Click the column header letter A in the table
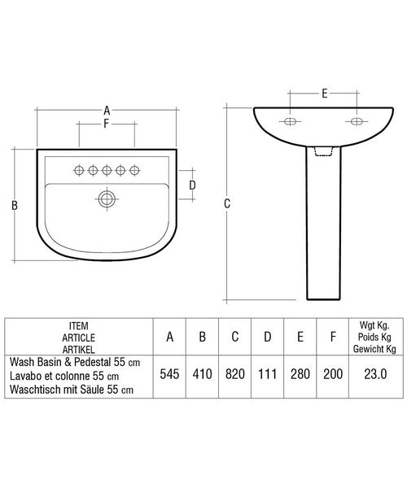point(169,336)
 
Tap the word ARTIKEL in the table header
point(80,346)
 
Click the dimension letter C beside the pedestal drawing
point(227,204)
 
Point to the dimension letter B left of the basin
point(15,206)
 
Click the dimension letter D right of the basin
point(192,185)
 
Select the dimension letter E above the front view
point(324,94)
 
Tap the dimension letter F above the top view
point(106,124)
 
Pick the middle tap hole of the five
point(107,169)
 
